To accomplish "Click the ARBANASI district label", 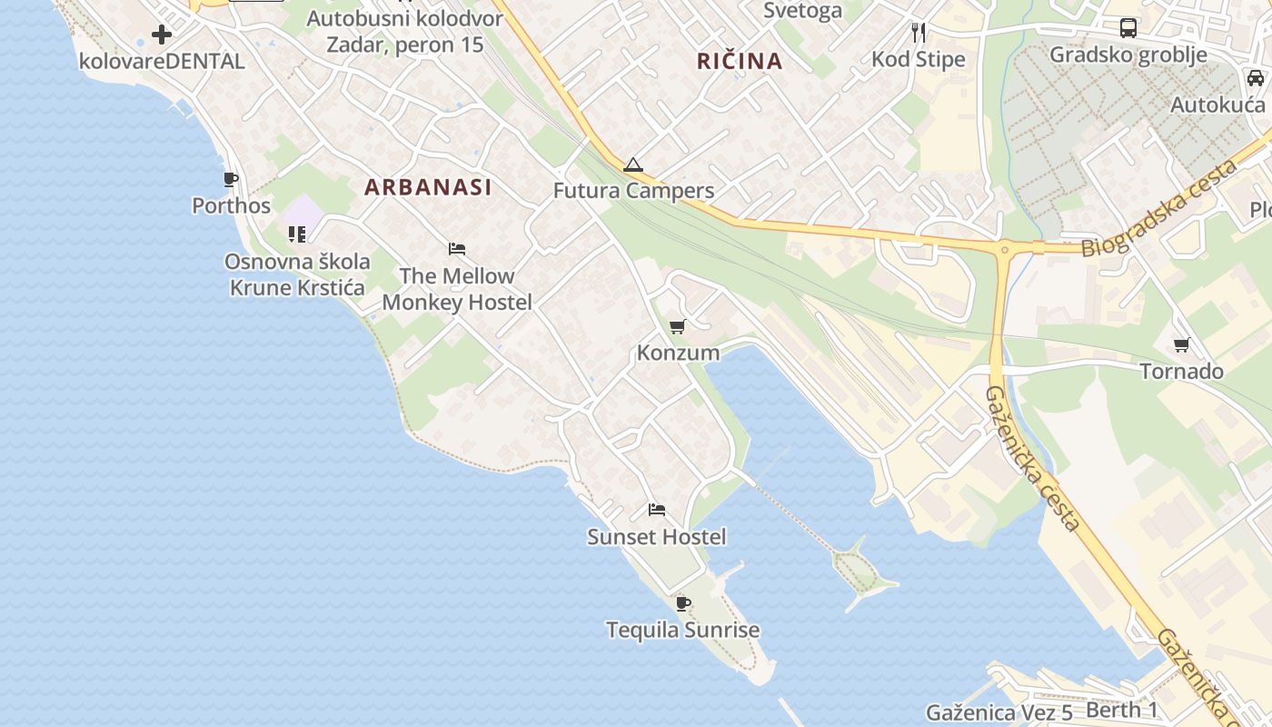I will pyautogui.click(x=428, y=187).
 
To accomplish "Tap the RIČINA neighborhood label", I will pyautogui.click(x=740, y=61).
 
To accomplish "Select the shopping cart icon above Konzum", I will pyautogui.click(x=677, y=327).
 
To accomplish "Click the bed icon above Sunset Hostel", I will pyautogui.click(x=657, y=510).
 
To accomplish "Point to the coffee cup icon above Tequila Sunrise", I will pyautogui.click(x=683, y=603).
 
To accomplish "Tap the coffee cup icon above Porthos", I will pyautogui.click(x=231, y=179).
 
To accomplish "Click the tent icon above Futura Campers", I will pyautogui.click(x=633, y=165).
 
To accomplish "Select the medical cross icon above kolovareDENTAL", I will pyautogui.click(x=162, y=35).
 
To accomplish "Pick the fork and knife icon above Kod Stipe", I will pyautogui.click(x=919, y=33).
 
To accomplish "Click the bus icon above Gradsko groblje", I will pyautogui.click(x=1128, y=27).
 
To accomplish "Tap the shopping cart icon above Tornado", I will pyautogui.click(x=1181, y=344).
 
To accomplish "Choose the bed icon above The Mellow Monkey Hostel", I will pyautogui.click(x=457, y=249).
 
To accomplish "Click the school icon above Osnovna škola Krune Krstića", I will pyautogui.click(x=297, y=234).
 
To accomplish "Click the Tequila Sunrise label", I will pyautogui.click(x=682, y=630).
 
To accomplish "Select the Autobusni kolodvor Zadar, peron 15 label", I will pyautogui.click(x=404, y=31).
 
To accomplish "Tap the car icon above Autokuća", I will pyautogui.click(x=1256, y=78).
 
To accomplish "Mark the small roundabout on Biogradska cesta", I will pyautogui.click(x=1005, y=248).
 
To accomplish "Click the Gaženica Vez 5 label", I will pyautogui.click(x=999, y=712).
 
